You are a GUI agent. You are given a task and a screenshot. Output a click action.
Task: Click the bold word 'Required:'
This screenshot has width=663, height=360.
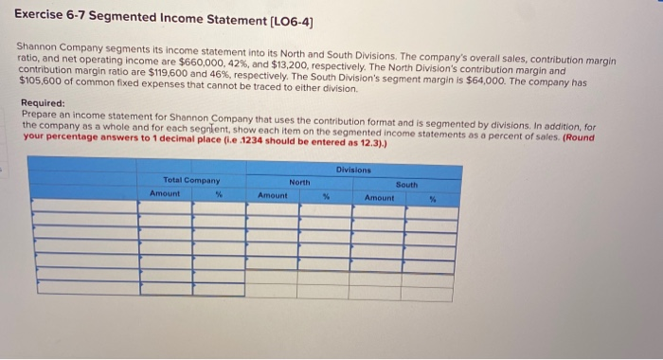click(43, 103)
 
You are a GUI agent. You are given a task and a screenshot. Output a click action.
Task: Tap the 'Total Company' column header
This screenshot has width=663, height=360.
click(191, 180)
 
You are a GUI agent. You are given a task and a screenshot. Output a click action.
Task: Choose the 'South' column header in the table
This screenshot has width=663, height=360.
click(406, 185)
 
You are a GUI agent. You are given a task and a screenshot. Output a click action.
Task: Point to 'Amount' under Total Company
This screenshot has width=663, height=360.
click(165, 192)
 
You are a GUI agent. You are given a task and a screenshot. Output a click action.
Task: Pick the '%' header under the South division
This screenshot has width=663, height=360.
click(433, 198)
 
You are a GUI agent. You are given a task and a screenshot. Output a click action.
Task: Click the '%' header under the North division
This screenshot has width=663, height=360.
click(325, 196)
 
